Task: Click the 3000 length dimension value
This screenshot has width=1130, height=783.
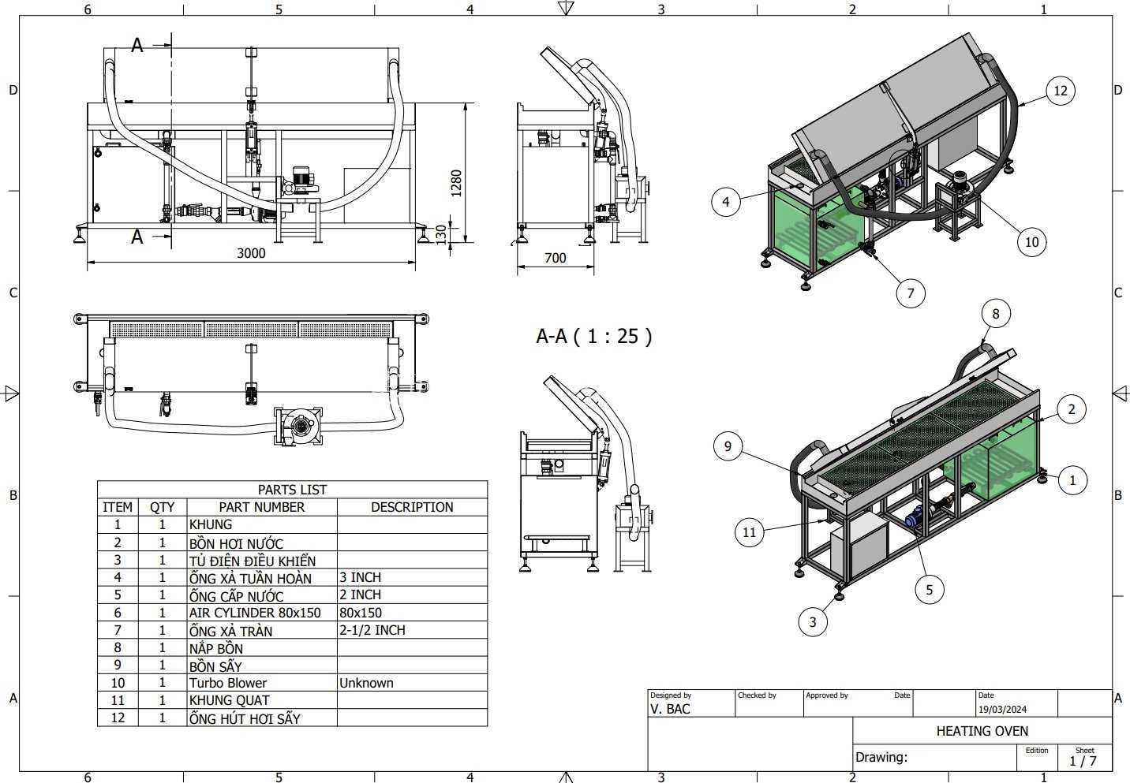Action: pos(251,253)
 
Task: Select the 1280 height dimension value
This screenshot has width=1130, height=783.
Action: pos(456,183)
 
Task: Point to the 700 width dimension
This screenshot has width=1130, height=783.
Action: pos(555,258)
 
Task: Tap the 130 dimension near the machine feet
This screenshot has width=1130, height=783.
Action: pos(441,234)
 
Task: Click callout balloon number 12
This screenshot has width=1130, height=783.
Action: pos(1061,91)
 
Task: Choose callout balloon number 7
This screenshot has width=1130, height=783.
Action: pos(911,293)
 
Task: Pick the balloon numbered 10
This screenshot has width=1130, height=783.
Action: pos(1031,242)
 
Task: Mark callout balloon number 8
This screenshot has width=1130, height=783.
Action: pos(996,314)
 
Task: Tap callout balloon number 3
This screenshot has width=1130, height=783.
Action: pos(813,621)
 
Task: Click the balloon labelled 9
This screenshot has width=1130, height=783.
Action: pos(728,446)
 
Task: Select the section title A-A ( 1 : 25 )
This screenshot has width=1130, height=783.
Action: pos(593,336)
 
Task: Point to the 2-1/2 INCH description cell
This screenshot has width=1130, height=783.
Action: pos(372,630)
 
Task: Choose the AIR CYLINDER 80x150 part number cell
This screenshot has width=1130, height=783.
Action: pos(255,613)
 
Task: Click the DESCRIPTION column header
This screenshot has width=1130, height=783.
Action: pos(412,507)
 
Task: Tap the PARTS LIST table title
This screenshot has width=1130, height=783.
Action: pos(292,490)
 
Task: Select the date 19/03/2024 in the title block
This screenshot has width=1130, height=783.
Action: pos(1002,710)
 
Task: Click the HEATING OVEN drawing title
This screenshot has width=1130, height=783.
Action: pos(982,731)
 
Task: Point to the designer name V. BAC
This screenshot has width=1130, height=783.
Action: pos(670,710)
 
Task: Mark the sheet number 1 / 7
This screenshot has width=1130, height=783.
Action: pos(1083,762)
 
